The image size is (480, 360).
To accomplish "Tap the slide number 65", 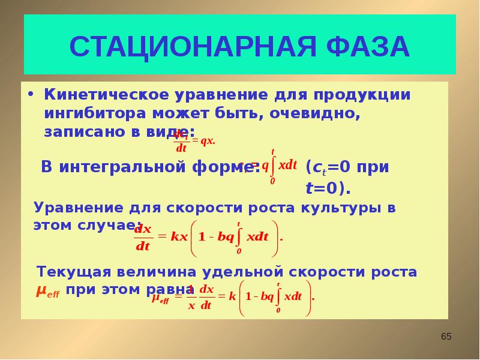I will pyautogui.click(x=446, y=337).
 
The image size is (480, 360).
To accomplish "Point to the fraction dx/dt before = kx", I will pyautogui.click(x=143, y=238).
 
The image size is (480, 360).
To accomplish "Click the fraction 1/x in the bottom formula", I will pyautogui.click(x=191, y=296).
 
